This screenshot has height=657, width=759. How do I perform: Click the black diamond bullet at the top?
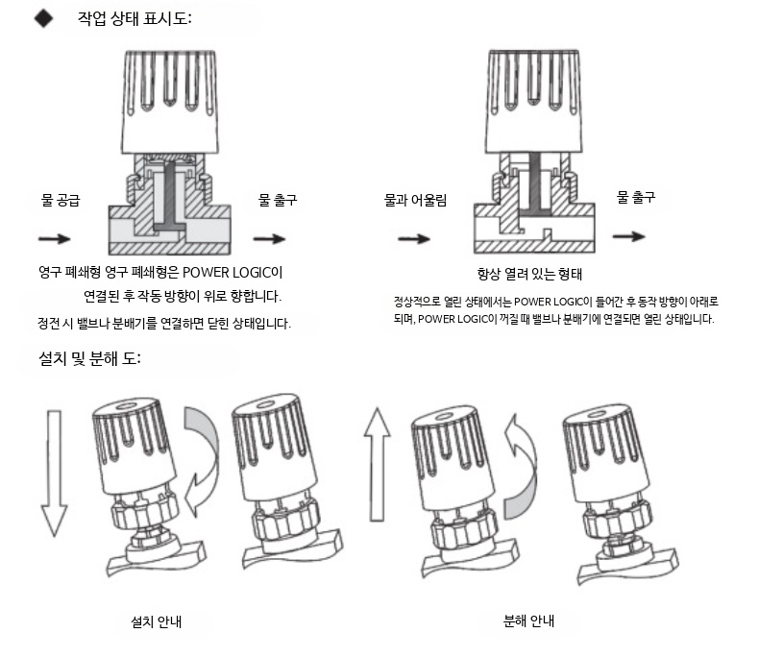pyautogui.click(x=42, y=19)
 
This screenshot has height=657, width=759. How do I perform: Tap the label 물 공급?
pyautogui.click(x=60, y=201)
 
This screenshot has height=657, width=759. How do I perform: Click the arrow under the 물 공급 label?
pyautogui.click(x=54, y=237)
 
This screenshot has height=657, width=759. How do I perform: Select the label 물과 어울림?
pyautogui.click(x=415, y=201)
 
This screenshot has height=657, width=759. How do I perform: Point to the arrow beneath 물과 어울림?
pyautogui.click(x=414, y=237)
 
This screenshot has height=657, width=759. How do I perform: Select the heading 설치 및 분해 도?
pyautogui.click(x=86, y=359)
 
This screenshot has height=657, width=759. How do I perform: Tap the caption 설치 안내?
pyautogui.click(x=157, y=620)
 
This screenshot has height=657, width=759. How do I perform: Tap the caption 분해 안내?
pyautogui.click(x=528, y=620)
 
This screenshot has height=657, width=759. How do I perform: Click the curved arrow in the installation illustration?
pyautogui.click(x=202, y=459)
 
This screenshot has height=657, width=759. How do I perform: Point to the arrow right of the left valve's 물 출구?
pyautogui.click(x=270, y=238)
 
